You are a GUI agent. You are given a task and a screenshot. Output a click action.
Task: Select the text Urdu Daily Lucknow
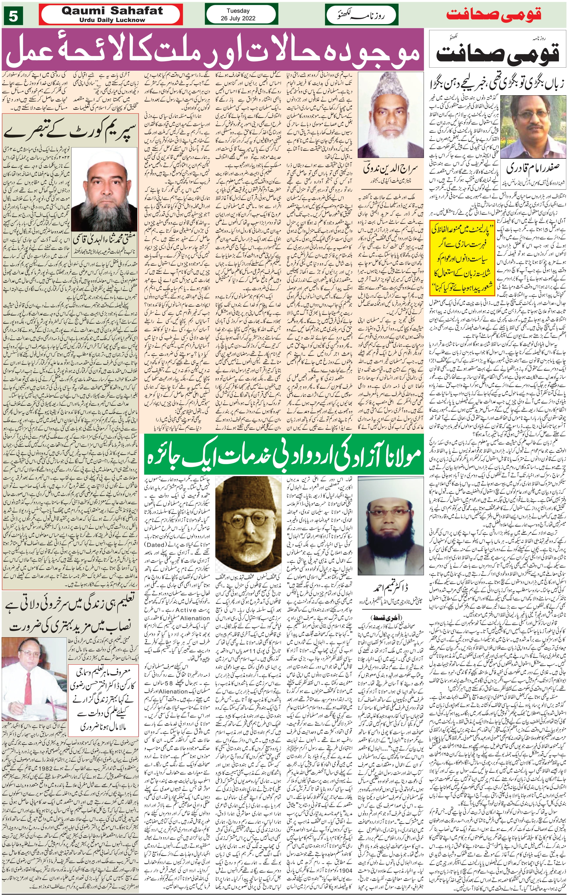(112, 20)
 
